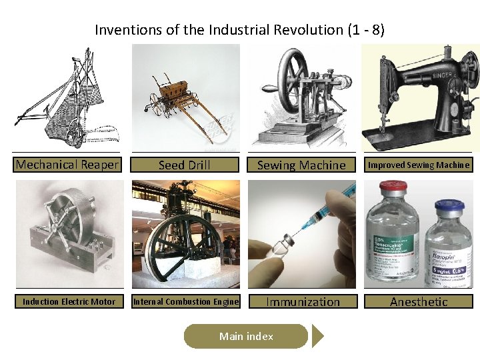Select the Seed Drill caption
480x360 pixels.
184,165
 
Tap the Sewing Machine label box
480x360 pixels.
301,165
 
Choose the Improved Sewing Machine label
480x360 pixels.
419,165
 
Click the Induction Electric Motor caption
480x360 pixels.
69,301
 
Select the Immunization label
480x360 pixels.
303,301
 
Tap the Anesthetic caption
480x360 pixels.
419,301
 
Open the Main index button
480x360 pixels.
246,337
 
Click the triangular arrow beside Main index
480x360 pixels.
317,337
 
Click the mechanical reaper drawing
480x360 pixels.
67,97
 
